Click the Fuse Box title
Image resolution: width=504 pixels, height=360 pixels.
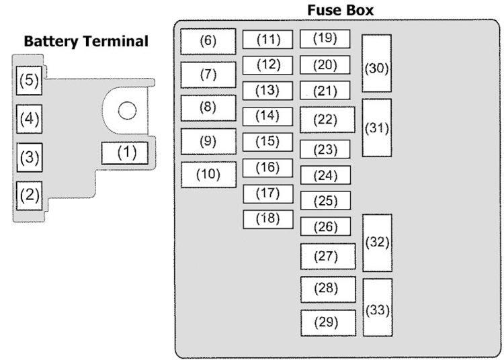[x=341, y=10]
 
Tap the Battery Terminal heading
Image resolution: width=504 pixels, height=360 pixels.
[x=86, y=42]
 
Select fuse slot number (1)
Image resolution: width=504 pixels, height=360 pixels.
[x=125, y=153]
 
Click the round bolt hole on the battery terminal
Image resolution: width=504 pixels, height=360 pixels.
[x=127, y=110]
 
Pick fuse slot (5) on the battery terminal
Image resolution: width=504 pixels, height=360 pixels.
[x=30, y=81]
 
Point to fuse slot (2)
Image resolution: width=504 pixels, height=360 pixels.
[x=30, y=195]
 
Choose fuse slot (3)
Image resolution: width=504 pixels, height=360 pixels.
[x=30, y=158]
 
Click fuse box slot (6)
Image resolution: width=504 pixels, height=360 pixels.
[x=208, y=42]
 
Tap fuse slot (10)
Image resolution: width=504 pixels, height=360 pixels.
[x=208, y=175]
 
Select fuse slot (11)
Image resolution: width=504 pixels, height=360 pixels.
[x=267, y=40]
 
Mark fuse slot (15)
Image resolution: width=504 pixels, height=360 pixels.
[x=267, y=142]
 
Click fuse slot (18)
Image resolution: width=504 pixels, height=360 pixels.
[x=268, y=220]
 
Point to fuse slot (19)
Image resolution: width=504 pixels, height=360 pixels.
[x=325, y=39]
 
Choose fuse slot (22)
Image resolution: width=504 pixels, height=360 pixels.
[x=327, y=120]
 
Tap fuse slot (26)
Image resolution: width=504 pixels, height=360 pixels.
[x=326, y=226]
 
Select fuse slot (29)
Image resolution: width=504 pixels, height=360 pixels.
[x=329, y=323]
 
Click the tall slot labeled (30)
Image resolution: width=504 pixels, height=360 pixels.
[x=377, y=63]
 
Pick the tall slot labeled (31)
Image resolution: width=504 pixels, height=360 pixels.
[x=377, y=128]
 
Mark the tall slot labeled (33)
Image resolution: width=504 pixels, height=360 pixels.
[x=378, y=308]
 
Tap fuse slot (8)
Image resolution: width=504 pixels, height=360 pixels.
[x=208, y=108]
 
